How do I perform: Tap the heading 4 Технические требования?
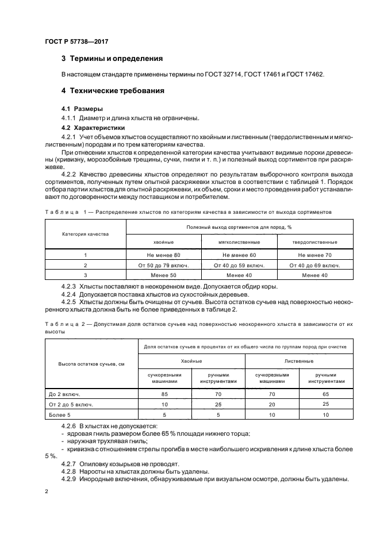pos(113,91)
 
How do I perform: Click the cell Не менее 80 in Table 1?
pos(164,255)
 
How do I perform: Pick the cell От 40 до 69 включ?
pos(314,265)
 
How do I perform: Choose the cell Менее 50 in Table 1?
pos(164,275)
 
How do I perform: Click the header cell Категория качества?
pos(85,234)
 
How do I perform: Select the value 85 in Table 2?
pos(166,394)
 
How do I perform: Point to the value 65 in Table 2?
pos(326,394)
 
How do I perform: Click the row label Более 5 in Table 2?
pos(60,414)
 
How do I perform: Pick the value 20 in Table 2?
pos(272,404)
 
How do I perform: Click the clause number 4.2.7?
pos(68,463)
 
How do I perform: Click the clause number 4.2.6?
pos(68,426)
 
